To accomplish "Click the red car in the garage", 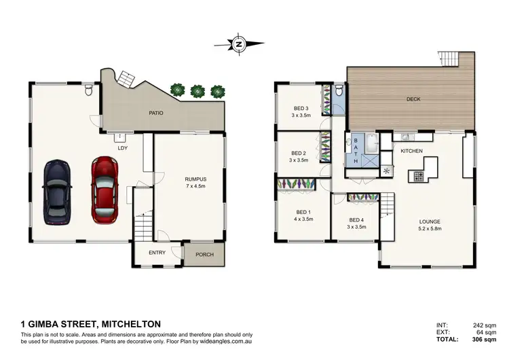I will [104, 190].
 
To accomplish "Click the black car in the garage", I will [56, 192].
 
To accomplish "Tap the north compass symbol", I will [240, 44].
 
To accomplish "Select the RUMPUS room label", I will [195, 180].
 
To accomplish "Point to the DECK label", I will [413, 99].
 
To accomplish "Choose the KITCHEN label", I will [412, 150].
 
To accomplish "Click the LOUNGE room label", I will [430, 221].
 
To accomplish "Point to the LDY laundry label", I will [123, 147].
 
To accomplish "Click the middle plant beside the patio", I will [197, 90].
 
